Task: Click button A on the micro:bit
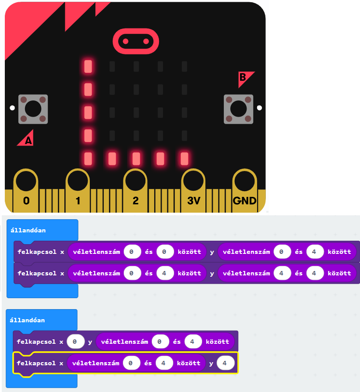click(x=33, y=108)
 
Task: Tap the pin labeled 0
click(x=26, y=181)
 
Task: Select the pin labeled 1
click(x=78, y=181)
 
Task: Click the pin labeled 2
click(x=136, y=181)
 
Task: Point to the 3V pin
click(x=194, y=181)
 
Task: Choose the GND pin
click(x=244, y=181)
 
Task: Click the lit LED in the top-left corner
click(x=88, y=67)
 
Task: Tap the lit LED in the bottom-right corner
click(x=184, y=158)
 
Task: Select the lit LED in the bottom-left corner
click(x=88, y=158)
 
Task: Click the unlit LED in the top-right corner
click(x=184, y=67)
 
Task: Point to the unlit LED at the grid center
click(x=136, y=112)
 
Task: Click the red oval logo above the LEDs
click(x=135, y=42)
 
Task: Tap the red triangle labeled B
click(x=245, y=78)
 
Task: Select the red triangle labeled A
click(x=27, y=139)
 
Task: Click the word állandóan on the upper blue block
click(x=28, y=230)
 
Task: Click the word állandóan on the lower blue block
click(x=27, y=320)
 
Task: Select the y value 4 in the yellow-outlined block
click(x=225, y=363)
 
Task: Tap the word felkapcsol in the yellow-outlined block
click(x=36, y=363)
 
